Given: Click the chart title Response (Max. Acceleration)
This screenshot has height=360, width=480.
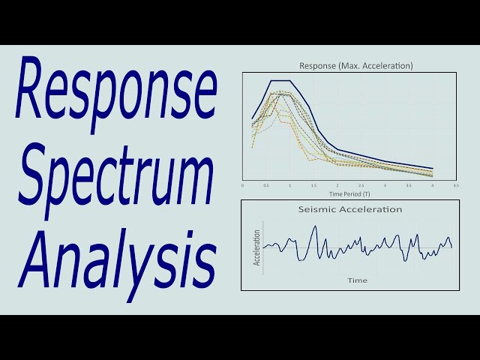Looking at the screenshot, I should click(x=349, y=66).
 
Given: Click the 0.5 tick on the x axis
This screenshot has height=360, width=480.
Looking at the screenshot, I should click(x=266, y=184).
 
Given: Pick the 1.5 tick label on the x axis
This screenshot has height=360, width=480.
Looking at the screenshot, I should click(x=313, y=184).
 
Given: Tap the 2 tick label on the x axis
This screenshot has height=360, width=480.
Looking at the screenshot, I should click(x=337, y=184).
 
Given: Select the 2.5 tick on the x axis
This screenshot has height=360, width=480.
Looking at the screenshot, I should click(x=361, y=184).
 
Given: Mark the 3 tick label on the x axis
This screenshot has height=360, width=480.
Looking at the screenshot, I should click(x=385, y=184).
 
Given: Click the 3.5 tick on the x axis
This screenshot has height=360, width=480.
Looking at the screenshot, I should click(x=409, y=184).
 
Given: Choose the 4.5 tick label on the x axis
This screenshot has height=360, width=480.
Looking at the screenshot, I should click(x=456, y=184).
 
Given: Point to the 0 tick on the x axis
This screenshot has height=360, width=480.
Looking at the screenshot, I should click(x=243, y=184).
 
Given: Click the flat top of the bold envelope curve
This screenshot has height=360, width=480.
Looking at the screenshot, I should click(x=280, y=80).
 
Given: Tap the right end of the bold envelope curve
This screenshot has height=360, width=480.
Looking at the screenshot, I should click(x=433, y=168).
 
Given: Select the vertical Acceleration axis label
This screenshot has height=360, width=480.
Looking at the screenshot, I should click(x=256, y=247).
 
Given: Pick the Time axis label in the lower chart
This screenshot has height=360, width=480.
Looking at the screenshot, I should click(x=357, y=280).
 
